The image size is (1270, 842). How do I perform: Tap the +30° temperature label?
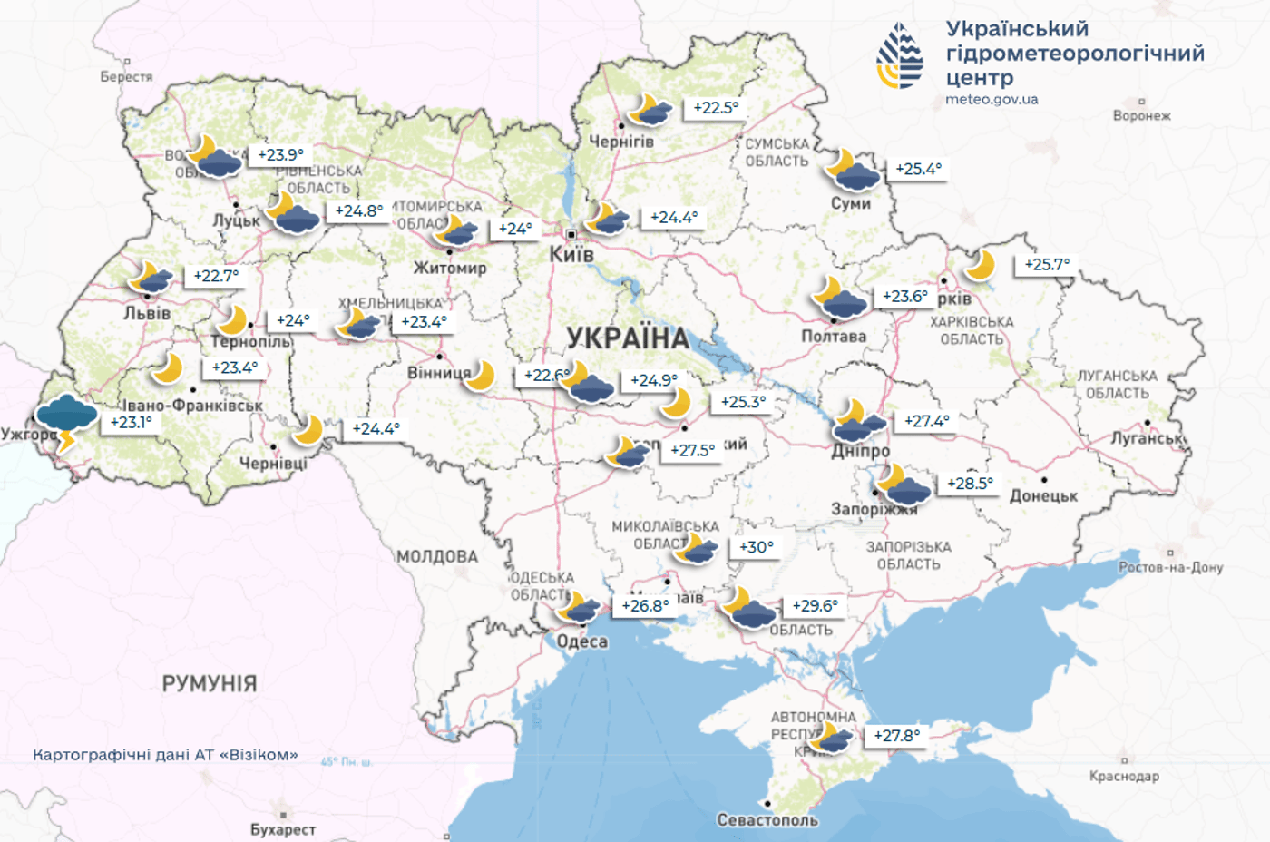coord(756,547)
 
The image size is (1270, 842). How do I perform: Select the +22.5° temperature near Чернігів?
coord(716,108)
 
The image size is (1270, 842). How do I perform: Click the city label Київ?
coord(571,254)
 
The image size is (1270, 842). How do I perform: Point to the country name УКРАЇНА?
coord(628,338)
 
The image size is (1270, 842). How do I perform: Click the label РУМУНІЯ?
coord(210,683)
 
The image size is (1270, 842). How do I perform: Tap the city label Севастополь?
coord(767,820)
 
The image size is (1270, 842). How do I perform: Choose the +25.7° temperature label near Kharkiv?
coord(1047,265)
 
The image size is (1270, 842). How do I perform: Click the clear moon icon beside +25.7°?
coord(980,266)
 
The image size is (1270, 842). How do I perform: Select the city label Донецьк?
coord(1043,496)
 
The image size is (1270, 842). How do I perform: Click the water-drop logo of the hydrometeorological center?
coord(900,56)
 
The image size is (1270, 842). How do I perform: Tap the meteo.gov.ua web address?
coord(992,100)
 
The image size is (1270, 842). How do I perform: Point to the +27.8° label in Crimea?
coord(896,736)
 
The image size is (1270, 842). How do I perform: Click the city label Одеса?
coord(582,641)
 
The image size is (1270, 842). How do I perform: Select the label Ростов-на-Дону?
coord(1170,567)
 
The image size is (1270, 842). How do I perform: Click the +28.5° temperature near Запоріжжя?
coord(970,484)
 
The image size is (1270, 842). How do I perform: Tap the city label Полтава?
coord(834,337)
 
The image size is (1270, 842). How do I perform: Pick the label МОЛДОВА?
coord(437,556)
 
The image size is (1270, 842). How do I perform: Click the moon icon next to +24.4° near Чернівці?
coord(308,429)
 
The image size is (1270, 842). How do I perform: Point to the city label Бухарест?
coord(283,829)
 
